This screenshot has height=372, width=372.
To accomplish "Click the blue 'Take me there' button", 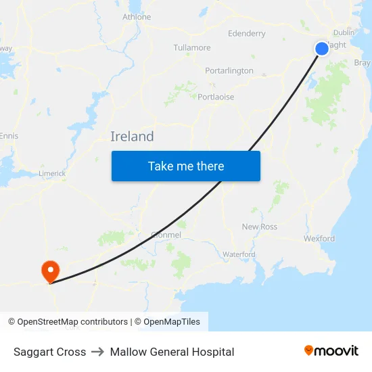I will pyautogui.click(x=186, y=166).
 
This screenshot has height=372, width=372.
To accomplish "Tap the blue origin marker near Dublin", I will pyautogui.click(x=322, y=48).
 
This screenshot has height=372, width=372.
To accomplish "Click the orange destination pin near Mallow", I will pyautogui.click(x=51, y=272).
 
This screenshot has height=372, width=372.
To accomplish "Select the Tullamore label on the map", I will pyautogui.click(x=192, y=48).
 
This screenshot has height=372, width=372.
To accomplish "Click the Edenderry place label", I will pyautogui.click(x=247, y=33).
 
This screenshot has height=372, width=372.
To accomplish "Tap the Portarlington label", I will pyautogui.click(x=229, y=70).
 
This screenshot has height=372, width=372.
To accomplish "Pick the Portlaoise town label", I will pyautogui.click(x=216, y=97).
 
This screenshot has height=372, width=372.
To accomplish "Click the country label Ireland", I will pyautogui.click(x=132, y=137).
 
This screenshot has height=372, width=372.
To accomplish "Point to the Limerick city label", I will pyautogui.click(x=52, y=173).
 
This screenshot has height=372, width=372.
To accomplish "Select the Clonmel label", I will pyautogui.click(x=166, y=235).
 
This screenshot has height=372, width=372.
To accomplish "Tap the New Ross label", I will pyautogui.click(x=260, y=227).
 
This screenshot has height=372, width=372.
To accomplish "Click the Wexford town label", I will pyautogui.click(x=319, y=239).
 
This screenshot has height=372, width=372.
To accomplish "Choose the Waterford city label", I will pyautogui.click(x=239, y=254).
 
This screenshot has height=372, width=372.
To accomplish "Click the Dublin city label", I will pyautogui.click(x=344, y=32).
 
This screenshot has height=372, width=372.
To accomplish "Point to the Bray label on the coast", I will pyautogui.click(x=363, y=63).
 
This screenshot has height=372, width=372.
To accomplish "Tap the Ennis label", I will pyautogui.click(x=9, y=136).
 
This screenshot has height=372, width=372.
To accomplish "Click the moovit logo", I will pyautogui.click(x=331, y=351).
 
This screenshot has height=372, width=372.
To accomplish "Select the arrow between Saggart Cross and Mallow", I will pyautogui.click(x=98, y=352).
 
